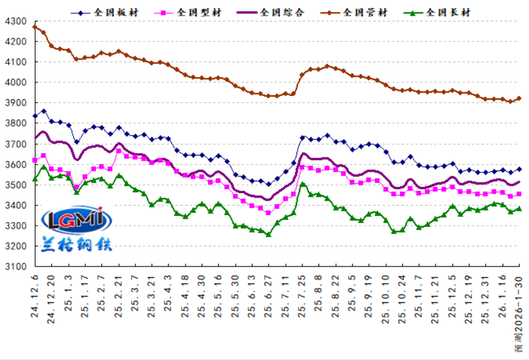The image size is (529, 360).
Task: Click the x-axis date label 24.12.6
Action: tap(35, 294)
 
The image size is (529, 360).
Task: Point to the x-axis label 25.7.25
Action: tap(302, 294)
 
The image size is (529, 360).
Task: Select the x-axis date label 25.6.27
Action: tap(269, 294)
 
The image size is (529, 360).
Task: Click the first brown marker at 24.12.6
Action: tap(35, 27)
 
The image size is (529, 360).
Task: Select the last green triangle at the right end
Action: tap(519, 209)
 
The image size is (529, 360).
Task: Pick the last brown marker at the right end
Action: tap(519, 98)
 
